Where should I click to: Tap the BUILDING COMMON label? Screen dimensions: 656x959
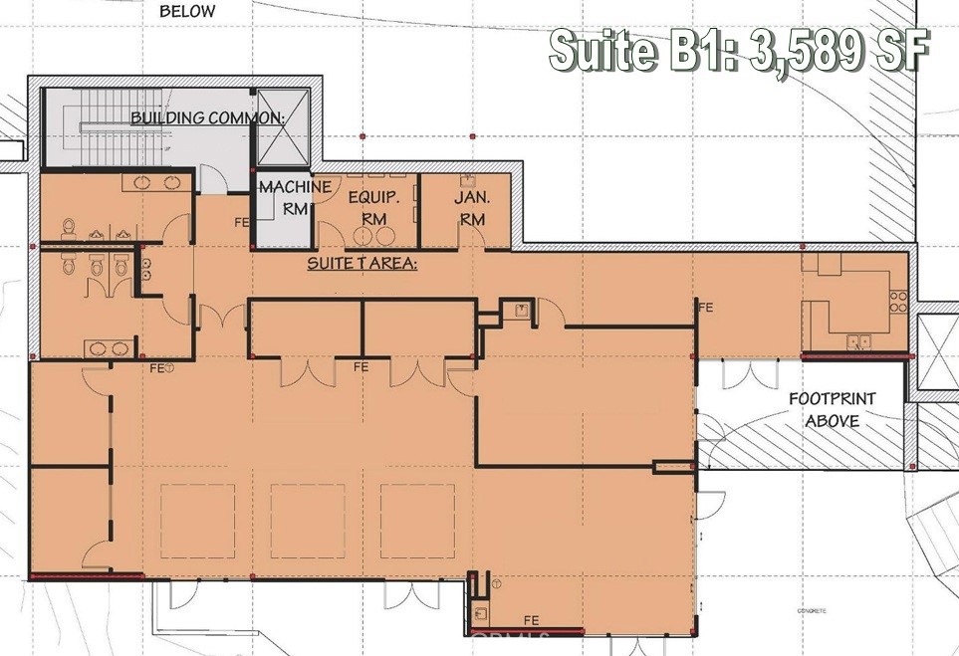click(x=208, y=117)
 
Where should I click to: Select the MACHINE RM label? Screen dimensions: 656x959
click(x=281, y=198)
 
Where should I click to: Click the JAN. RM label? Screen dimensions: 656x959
click(x=470, y=207)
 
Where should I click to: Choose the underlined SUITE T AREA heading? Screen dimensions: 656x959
click(x=361, y=264)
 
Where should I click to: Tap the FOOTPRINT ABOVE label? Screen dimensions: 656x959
click(x=832, y=409)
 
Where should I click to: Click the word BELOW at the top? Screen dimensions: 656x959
click(x=187, y=12)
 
